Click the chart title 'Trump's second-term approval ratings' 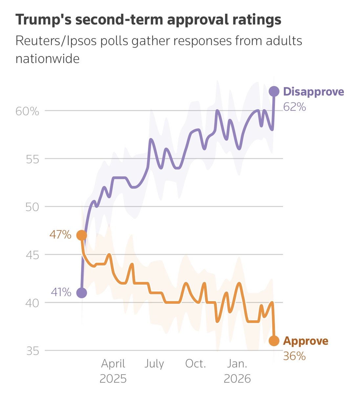click(148, 20)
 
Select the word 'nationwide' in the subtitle click(48, 59)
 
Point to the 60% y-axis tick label click(27, 111)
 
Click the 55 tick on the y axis click(32, 160)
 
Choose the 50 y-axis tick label click(32, 208)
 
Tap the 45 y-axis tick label click(32, 255)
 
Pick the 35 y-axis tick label click(32, 351)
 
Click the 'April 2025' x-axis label click(113, 371)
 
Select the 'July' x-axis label click(154, 364)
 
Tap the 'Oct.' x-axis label click(196, 364)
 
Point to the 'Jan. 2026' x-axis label click(237, 371)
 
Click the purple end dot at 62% click(274, 91)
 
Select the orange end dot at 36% click(274, 341)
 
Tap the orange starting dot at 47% click(81, 235)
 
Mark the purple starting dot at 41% click(81, 293)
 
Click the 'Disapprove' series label click(313, 92)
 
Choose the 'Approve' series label click(305, 341)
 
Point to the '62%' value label click(294, 107)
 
